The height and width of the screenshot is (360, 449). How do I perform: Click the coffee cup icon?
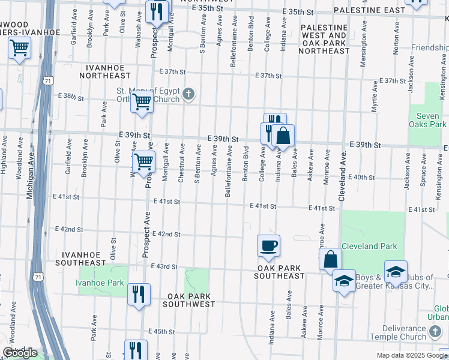[x=268, y=245]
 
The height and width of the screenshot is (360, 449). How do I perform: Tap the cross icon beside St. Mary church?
[x=188, y=93]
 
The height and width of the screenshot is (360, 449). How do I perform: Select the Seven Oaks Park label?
[x=428, y=119]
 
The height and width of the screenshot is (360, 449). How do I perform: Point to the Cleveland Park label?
[x=369, y=246]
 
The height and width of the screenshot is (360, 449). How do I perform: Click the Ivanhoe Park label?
[x=100, y=283]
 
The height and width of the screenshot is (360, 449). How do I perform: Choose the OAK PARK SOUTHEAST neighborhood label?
[x=280, y=272]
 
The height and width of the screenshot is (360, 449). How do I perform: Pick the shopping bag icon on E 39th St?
[x=283, y=135]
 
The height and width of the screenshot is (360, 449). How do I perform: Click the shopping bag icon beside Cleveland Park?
[x=330, y=259]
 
